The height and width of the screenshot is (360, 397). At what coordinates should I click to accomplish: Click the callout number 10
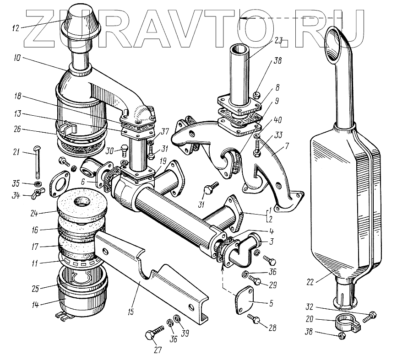[17, 59]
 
